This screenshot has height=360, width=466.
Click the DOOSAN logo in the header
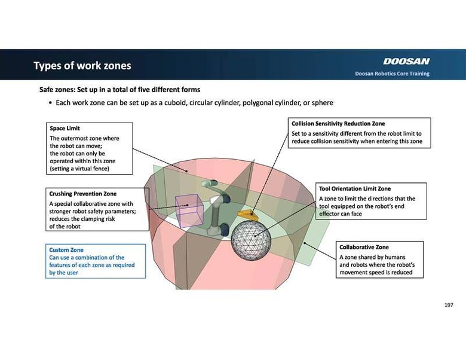[406, 61]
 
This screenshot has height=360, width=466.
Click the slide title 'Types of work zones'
[82, 66]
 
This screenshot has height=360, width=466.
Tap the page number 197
[449, 305]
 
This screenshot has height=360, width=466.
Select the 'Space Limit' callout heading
[65, 129]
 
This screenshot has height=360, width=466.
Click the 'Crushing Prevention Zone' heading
[82, 194]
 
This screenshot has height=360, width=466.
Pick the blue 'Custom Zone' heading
[66, 250]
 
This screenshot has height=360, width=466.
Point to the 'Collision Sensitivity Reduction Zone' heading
[338, 124]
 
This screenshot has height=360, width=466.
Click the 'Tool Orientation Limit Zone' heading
[355, 189]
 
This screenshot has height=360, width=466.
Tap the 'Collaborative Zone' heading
[364, 247]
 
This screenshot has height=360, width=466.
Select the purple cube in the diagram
[189, 211]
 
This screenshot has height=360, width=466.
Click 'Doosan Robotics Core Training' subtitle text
[392, 74]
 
